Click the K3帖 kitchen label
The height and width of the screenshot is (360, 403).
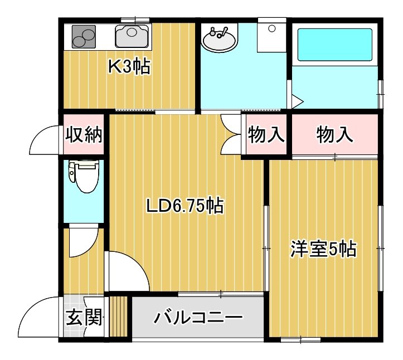tap(129, 66)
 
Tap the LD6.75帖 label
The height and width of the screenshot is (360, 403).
tap(185, 205)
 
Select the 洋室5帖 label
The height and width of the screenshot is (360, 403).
tap(323, 249)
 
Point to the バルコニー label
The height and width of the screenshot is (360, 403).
tap(198, 318)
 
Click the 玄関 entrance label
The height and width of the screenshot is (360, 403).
tap(84, 317)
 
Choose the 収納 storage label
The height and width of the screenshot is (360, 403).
tap(84, 134)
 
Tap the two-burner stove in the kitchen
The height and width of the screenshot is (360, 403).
tap(84, 36)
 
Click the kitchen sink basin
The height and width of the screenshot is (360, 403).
tap(132, 36)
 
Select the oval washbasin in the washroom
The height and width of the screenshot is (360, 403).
tap(219, 40)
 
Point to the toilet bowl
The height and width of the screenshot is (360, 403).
tap(84, 176)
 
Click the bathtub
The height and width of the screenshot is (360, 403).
tap(335, 45)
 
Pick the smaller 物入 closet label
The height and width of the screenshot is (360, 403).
tap(266, 134)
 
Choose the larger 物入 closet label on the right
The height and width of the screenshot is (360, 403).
tap(334, 134)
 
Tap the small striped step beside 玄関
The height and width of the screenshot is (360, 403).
tap(119, 317)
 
